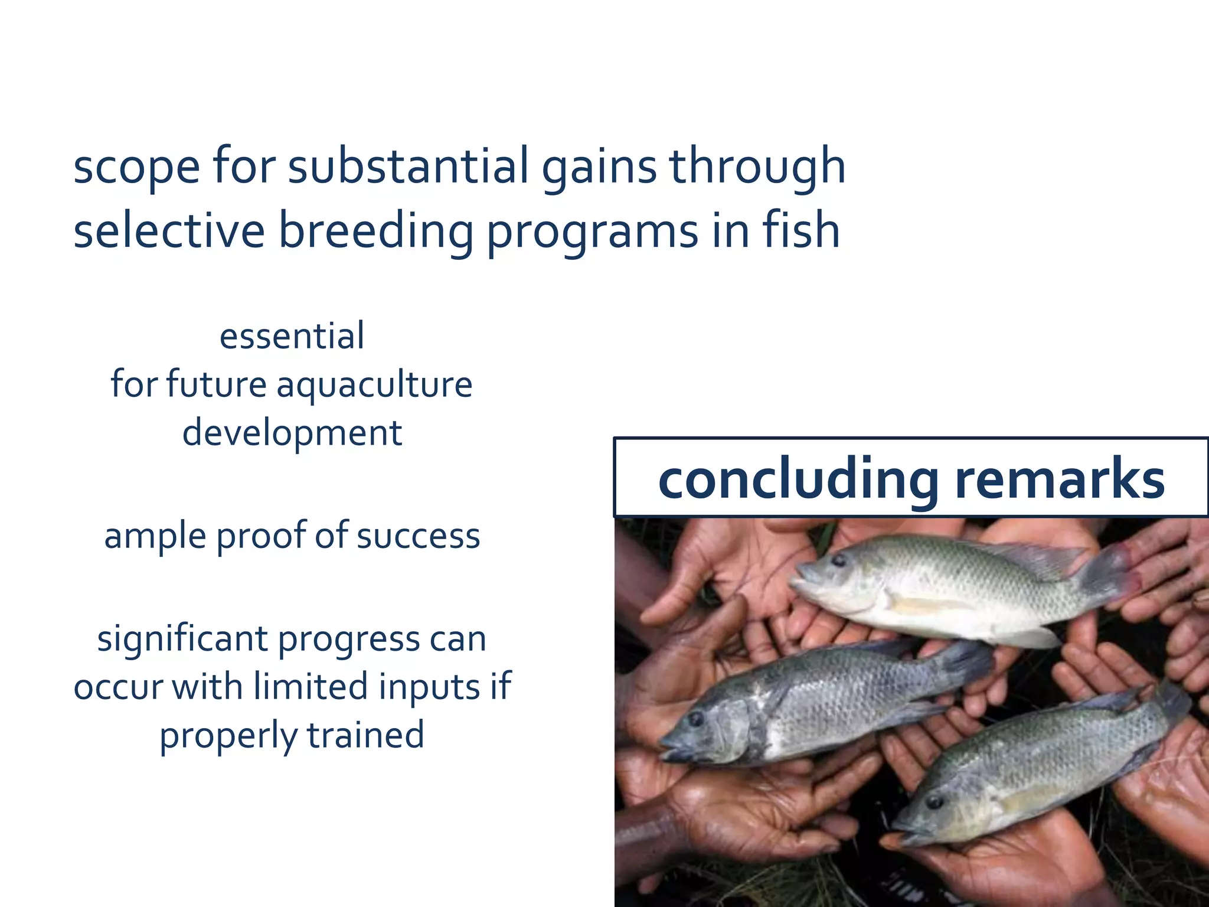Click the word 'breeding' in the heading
pyautogui.click(x=375, y=231)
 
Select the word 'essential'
pyautogui.click(x=292, y=337)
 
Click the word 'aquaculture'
pyautogui.click(x=374, y=386)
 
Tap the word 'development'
pyautogui.click(x=292, y=433)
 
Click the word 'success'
pyautogui.click(x=418, y=537)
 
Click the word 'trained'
pyautogui.click(x=365, y=735)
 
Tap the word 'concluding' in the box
pyautogui.click(x=798, y=479)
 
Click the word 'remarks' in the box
pyautogui.click(x=1060, y=479)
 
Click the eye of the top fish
pyautogui.click(x=839, y=560)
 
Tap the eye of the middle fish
pyautogui.click(x=696, y=719)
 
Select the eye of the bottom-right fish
pyautogui.click(x=934, y=802)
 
